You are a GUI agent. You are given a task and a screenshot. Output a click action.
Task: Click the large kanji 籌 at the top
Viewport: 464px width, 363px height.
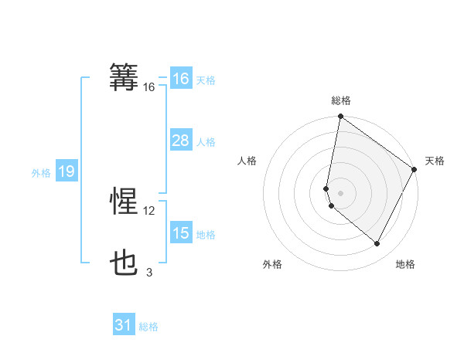[x=125, y=78]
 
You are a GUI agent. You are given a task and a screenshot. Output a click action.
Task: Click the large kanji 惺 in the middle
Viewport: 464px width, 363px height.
[x=125, y=202]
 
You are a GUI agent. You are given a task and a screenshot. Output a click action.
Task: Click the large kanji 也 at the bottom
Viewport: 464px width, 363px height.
[x=125, y=264]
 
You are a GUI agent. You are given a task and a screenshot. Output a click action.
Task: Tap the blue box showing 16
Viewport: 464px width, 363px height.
[x=180, y=79]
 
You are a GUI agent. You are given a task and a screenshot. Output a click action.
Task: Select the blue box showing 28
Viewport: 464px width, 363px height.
[x=180, y=141]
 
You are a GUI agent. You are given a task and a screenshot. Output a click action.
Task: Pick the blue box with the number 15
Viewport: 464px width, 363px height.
[x=180, y=233]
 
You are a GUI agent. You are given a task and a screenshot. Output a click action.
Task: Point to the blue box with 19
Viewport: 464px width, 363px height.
[x=66, y=171]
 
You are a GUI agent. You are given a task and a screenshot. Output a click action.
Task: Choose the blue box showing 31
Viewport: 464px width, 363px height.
[x=124, y=325]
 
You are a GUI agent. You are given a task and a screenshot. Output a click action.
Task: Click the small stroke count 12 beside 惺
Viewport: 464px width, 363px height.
[x=149, y=211]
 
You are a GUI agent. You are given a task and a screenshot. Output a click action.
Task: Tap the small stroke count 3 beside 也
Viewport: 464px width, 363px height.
[x=149, y=272]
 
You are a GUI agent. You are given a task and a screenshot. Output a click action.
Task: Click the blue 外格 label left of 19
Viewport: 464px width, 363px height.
[x=41, y=173]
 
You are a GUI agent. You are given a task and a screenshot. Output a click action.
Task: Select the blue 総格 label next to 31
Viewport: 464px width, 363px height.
[x=148, y=327]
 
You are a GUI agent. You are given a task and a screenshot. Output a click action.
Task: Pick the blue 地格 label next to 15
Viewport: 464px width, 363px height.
[x=206, y=235]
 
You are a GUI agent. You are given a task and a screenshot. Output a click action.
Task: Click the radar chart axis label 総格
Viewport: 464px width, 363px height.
[x=341, y=100]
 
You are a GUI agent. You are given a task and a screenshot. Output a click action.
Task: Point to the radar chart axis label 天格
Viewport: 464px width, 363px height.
[x=435, y=161]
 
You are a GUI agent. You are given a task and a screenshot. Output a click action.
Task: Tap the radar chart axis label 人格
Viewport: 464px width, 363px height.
[x=247, y=161]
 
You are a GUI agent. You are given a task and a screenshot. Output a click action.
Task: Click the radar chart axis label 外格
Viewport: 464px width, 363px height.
[x=272, y=265]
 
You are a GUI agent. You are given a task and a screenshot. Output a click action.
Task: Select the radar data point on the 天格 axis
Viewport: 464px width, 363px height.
[x=415, y=169]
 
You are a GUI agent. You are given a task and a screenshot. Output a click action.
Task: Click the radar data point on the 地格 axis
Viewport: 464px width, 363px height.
[x=377, y=244]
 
